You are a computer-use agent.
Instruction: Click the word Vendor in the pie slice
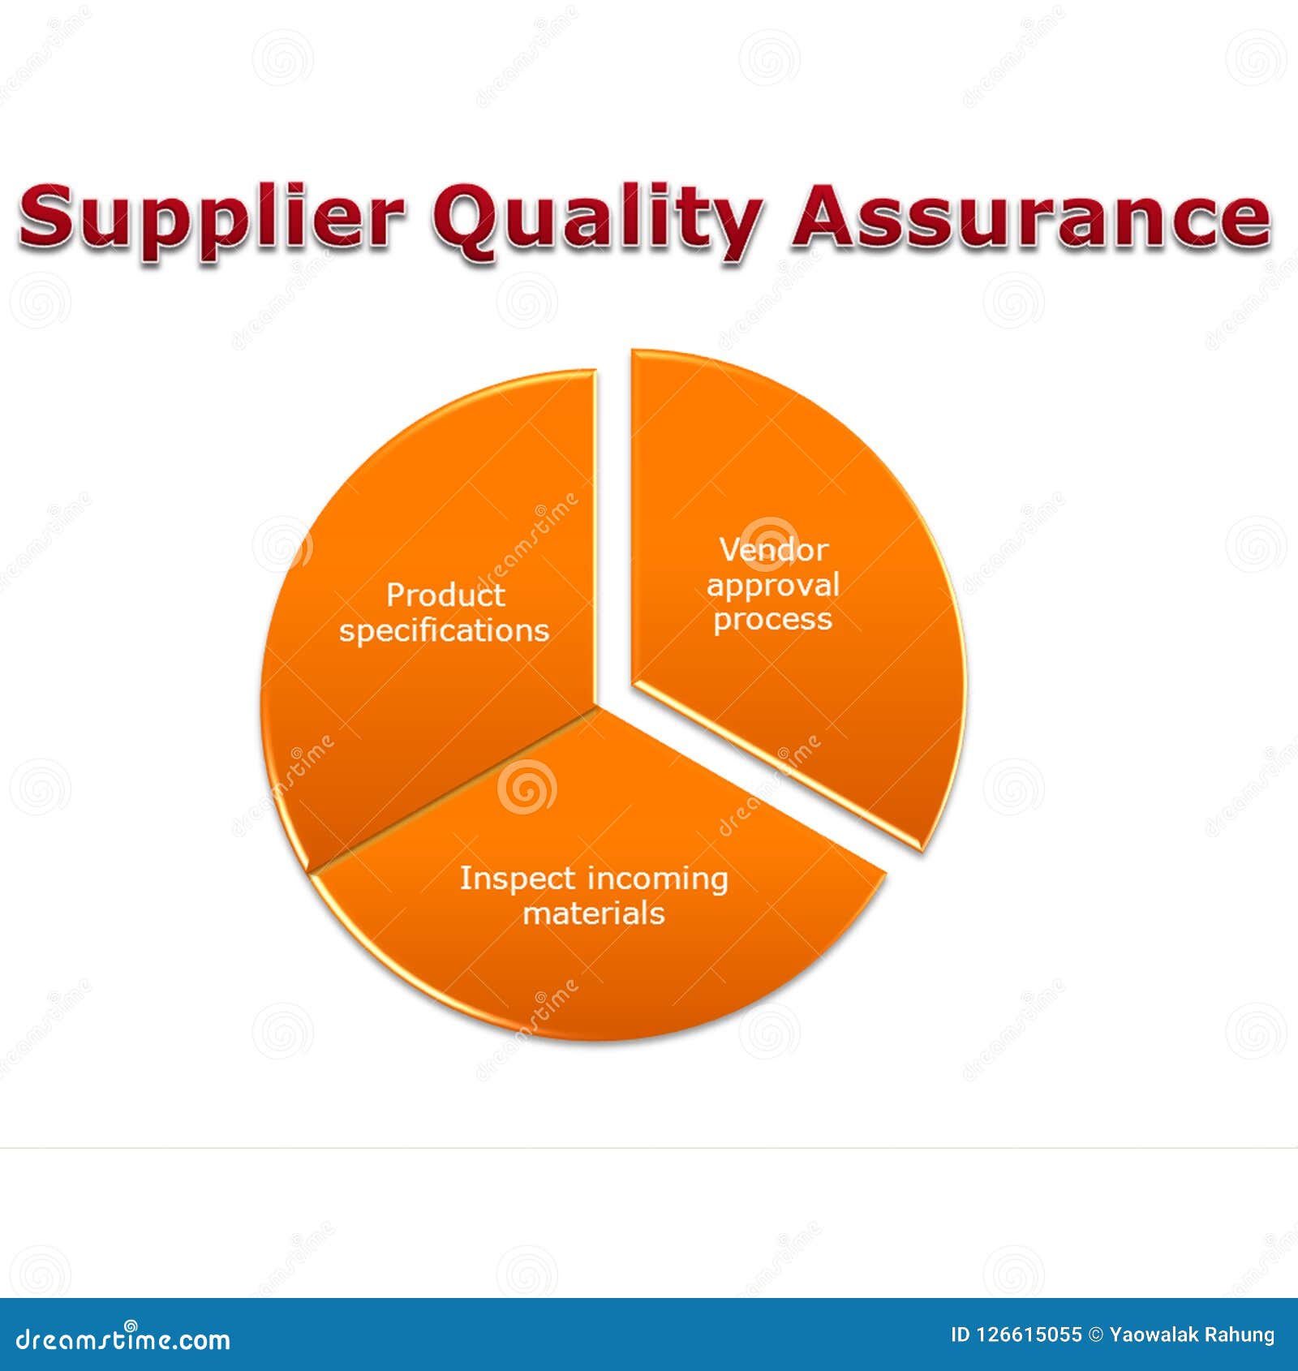coord(774,550)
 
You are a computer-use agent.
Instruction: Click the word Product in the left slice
coord(445,595)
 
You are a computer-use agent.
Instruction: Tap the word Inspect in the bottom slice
coord(518,879)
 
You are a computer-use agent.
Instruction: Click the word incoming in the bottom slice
coord(658,879)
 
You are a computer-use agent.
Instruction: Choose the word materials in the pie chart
coord(594,913)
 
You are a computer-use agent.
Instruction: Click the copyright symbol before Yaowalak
coord(1095,1334)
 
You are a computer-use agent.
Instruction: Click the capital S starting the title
coord(45,216)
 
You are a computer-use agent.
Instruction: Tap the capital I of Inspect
coord(464,878)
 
